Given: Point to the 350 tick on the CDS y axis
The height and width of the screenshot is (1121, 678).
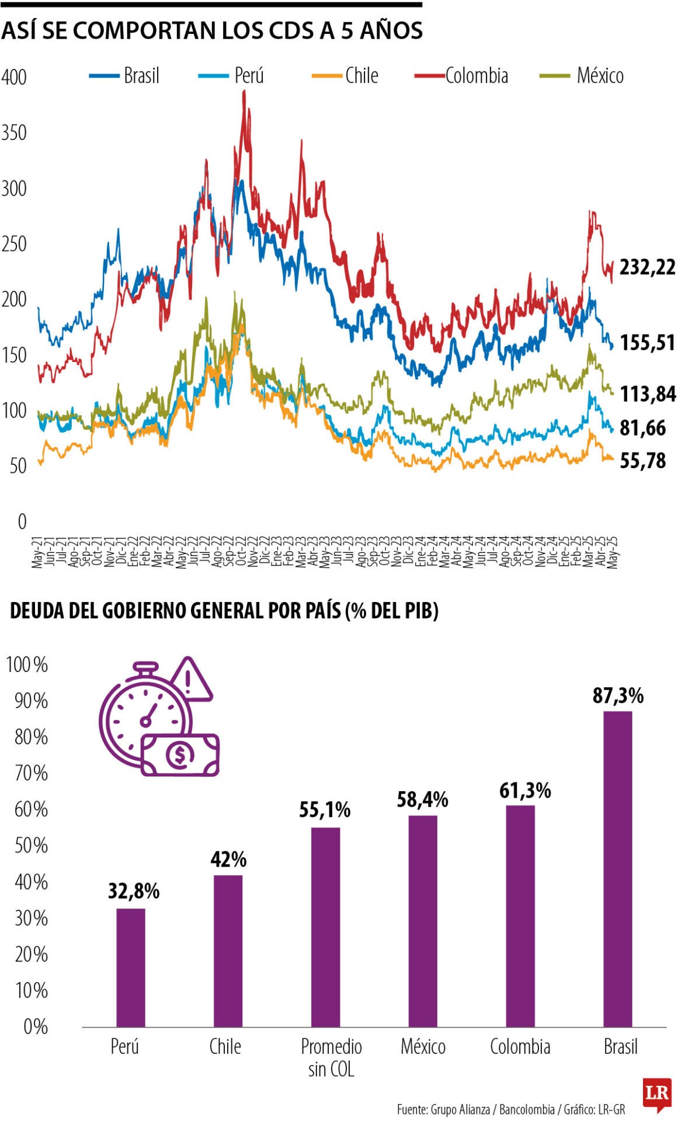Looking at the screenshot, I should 14,133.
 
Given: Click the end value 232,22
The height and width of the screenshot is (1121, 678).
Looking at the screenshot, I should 647,267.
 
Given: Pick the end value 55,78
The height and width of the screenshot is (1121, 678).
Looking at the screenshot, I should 642,461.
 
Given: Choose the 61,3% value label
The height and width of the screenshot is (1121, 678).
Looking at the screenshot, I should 525,791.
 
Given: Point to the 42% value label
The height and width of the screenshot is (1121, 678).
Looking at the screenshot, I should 228,859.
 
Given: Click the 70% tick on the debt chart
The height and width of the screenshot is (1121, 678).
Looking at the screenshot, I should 31,773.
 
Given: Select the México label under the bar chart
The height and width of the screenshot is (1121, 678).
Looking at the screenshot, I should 423,1047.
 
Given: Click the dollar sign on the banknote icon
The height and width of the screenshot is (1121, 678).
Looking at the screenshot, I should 179,756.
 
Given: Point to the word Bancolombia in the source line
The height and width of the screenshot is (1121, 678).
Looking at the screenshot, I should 526,1109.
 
